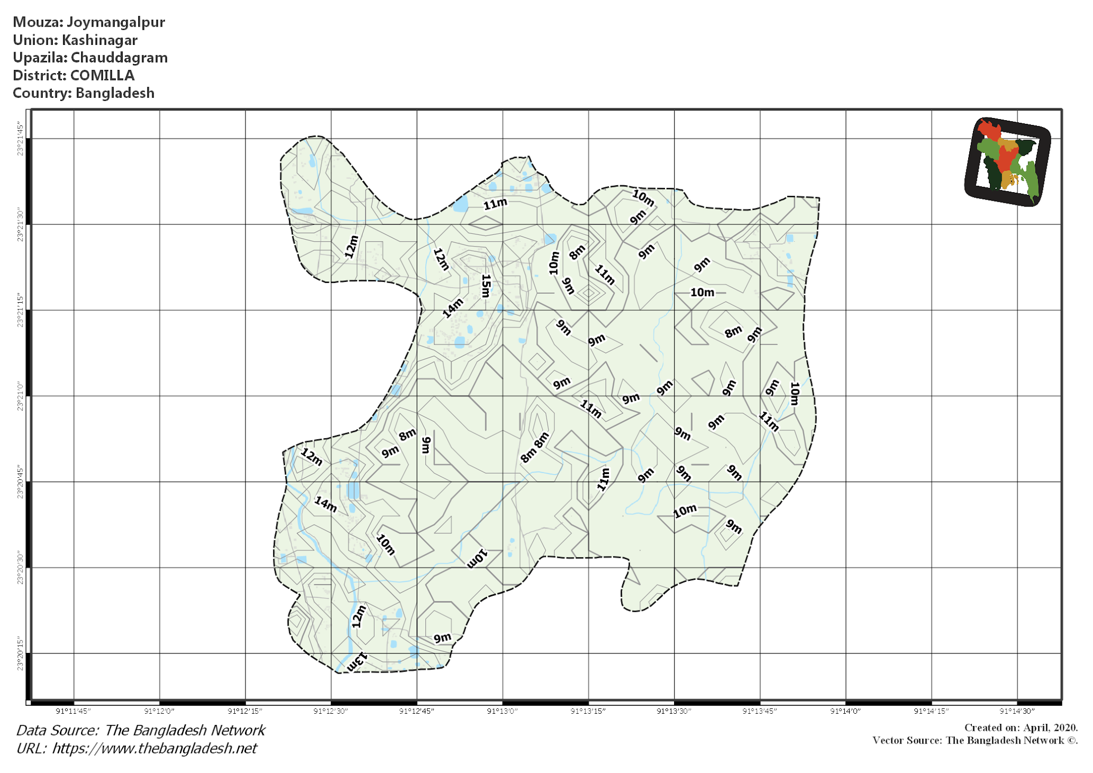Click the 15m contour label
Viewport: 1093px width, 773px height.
pos(485,286)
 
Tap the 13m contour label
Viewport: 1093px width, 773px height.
pos(357,662)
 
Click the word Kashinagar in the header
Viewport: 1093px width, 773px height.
pos(99,40)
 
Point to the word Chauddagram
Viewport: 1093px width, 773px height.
pos(119,58)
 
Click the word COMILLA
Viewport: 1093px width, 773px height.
pos(102,75)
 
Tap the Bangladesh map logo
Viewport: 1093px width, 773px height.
pos(1008,162)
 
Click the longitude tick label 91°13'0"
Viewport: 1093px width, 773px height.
pos(502,711)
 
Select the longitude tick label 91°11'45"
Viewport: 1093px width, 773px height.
pos(74,711)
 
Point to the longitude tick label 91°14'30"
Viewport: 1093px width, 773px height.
pos(1017,711)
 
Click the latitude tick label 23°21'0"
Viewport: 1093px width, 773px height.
pos(20,396)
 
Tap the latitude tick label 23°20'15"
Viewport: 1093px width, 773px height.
pos(20,653)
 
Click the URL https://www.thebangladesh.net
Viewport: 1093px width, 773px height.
pos(154,748)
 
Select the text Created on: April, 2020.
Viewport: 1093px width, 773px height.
pos(1020,728)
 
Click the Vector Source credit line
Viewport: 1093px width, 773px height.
pos(975,740)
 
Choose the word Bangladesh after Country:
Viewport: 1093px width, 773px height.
pos(115,93)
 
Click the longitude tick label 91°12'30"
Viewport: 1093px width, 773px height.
pos(331,711)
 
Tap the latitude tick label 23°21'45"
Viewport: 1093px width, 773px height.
pos(20,139)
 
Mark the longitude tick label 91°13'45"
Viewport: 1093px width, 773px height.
pos(759,711)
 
